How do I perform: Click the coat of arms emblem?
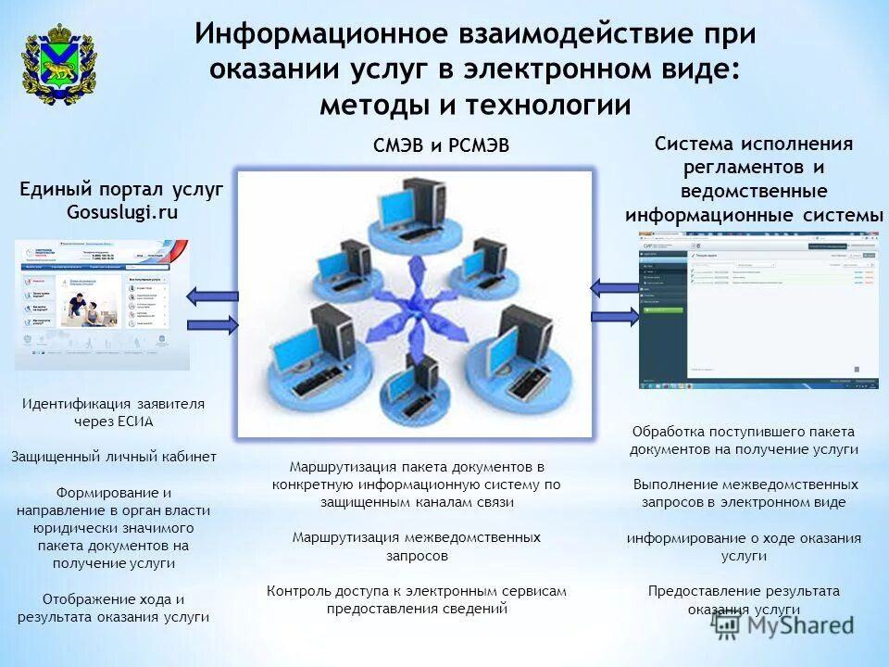tap(58, 70)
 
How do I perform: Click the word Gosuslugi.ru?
tap(121, 211)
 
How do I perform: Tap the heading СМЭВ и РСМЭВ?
tap(441, 145)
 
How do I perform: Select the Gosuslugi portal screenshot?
tap(102, 304)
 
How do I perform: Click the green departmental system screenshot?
tap(758, 308)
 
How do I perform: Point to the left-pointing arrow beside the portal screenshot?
tap(212, 296)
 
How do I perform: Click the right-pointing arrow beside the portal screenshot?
tap(213, 324)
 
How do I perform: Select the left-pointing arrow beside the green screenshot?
tap(614, 288)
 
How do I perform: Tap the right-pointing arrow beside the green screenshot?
tap(615, 317)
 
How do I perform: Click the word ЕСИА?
tap(135, 422)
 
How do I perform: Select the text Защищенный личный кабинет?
tap(114, 457)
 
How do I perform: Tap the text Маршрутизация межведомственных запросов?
tap(416, 547)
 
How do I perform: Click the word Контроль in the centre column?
tap(298, 590)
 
